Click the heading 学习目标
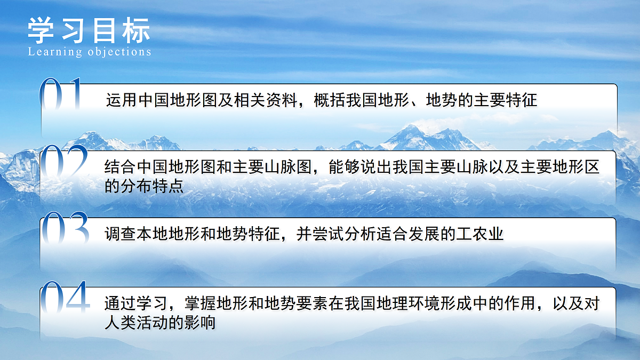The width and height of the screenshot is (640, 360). coord(89,30)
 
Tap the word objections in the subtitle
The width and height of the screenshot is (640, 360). coord(119,52)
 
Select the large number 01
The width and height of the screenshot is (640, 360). coord(61,95)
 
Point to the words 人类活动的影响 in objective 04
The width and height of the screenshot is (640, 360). coord(160,323)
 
